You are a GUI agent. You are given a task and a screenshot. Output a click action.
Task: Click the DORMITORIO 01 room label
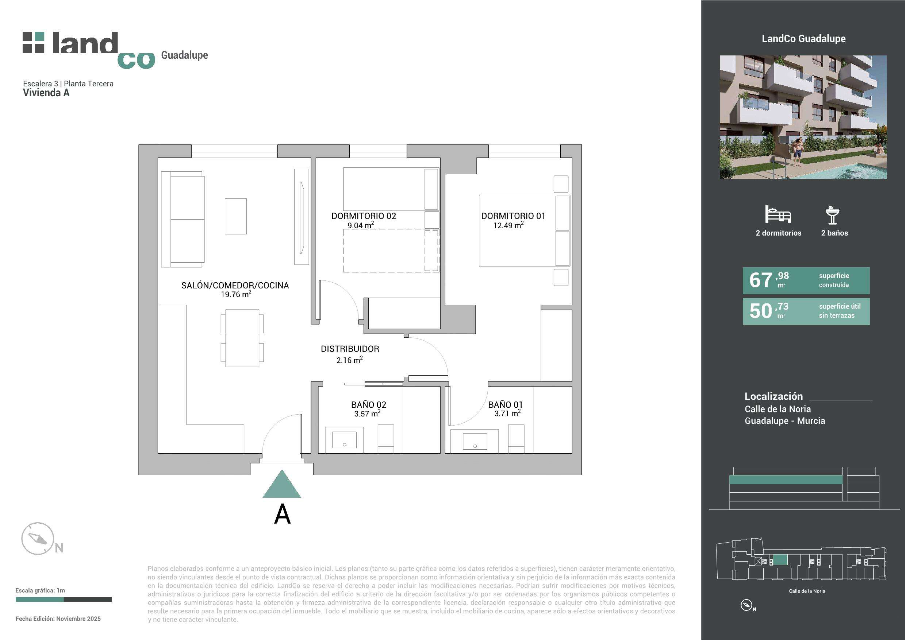[513, 216]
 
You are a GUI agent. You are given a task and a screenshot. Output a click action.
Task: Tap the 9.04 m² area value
[361, 225]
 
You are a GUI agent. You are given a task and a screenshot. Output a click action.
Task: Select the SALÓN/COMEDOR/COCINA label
[235, 285]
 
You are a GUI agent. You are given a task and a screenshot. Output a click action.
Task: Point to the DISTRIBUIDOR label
[350, 349]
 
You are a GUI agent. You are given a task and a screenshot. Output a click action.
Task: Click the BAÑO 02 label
[369, 404]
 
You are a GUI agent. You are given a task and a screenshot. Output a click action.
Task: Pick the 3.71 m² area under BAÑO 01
[507, 413]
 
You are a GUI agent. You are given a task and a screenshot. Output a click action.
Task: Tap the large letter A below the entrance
[282, 514]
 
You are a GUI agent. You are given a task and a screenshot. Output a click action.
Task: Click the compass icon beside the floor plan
[38, 539]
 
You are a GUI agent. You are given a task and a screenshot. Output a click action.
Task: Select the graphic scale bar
[64, 600]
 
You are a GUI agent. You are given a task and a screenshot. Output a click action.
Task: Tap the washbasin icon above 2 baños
[832, 215]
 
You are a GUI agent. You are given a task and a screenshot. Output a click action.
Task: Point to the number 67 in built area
[760, 280]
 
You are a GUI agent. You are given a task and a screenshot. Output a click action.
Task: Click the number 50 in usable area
[760, 311]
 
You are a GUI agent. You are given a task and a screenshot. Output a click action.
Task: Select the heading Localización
[773, 396]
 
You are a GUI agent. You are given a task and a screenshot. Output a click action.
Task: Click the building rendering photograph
[803, 117]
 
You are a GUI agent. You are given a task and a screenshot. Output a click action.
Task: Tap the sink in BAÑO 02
[344, 440]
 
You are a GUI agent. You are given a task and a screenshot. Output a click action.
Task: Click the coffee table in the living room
[235, 216]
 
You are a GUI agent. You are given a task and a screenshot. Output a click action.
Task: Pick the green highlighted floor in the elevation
[786, 480]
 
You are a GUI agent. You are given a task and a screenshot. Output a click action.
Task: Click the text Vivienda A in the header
[46, 93]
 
